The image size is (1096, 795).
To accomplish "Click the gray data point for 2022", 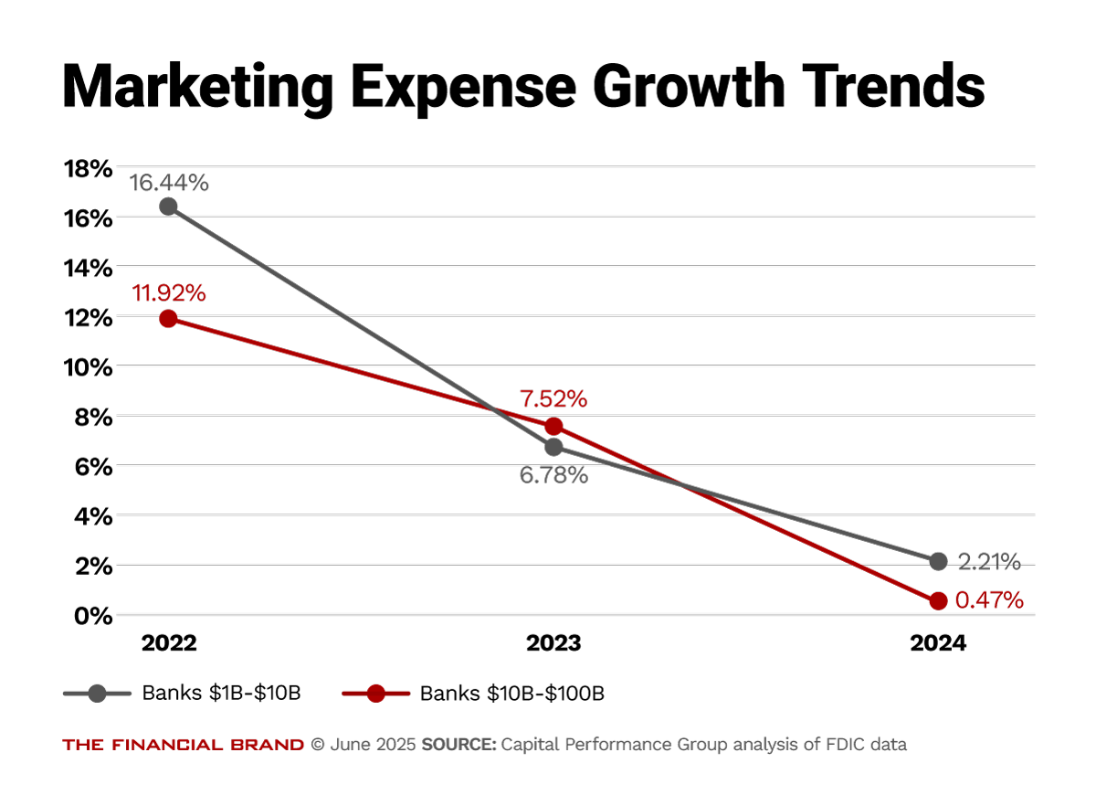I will [x=168, y=207].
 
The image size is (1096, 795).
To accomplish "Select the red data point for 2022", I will [x=168, y=319].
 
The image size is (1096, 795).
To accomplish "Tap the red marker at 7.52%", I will [x=553, y=427].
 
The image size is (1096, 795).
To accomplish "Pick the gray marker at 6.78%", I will [x=553, y=447].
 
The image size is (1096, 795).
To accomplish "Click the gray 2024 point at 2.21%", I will [x=938, y=560].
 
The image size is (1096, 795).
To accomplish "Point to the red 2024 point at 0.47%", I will [x=938, y=601].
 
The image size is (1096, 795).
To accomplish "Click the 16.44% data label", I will [x=169, y=183].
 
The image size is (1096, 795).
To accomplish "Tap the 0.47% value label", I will [x=989, y=601].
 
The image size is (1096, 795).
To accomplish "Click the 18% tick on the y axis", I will [x=87, y=168].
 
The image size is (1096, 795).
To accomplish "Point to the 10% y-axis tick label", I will [x=87, y=367].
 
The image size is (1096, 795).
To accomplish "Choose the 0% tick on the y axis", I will [x=92, y=615].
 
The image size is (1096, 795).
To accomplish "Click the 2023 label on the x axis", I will [x=553, y=643].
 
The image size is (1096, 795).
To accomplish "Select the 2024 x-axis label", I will [x=938, y=643].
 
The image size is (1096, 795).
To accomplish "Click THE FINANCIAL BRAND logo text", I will [x=183, y=745].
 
